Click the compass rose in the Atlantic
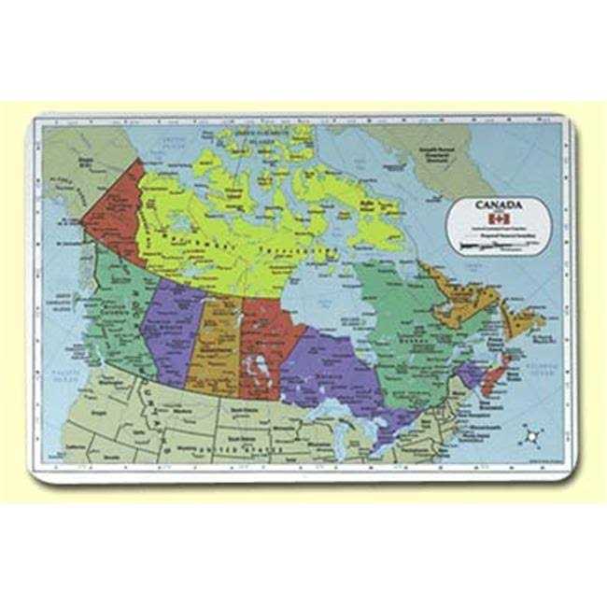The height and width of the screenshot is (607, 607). [x=533, y=434]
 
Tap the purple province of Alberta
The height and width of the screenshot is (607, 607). [x=174, y=327]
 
